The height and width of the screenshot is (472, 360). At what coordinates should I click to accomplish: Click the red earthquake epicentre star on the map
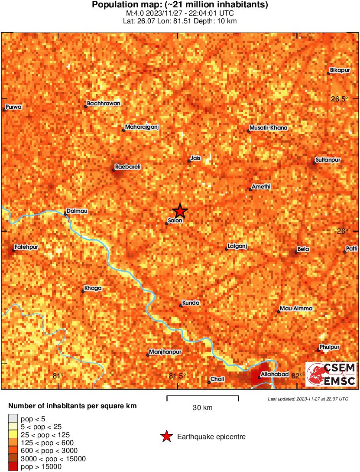tap(180, 211)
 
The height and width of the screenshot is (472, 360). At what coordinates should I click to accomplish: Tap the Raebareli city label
tap(128, 166)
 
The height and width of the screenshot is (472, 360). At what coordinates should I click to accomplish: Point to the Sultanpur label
tap(328, 160)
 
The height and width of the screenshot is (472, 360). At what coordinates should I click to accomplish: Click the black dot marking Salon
tap(167, 224)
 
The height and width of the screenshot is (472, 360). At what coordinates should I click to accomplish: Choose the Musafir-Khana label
tap(269, 128)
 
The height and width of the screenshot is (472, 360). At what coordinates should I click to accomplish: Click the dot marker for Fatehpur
tap(13, 250)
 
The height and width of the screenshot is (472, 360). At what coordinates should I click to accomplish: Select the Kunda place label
tap(191, 303)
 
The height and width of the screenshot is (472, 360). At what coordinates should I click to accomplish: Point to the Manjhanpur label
tap(165, 352)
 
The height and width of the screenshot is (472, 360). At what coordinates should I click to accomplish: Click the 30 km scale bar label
tap(203, 407)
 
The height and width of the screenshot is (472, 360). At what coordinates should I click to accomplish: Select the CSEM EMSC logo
tap(331, 374)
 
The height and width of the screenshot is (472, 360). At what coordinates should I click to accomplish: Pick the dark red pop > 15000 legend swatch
tap(13, 466)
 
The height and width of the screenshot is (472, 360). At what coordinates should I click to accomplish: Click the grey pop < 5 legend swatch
tap(13, 419)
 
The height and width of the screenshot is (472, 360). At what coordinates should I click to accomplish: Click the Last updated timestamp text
tap(308, 399)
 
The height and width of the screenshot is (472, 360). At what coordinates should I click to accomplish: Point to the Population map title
tap(180, 5)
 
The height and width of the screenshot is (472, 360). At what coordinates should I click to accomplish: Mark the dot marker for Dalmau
tap(65, 214)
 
